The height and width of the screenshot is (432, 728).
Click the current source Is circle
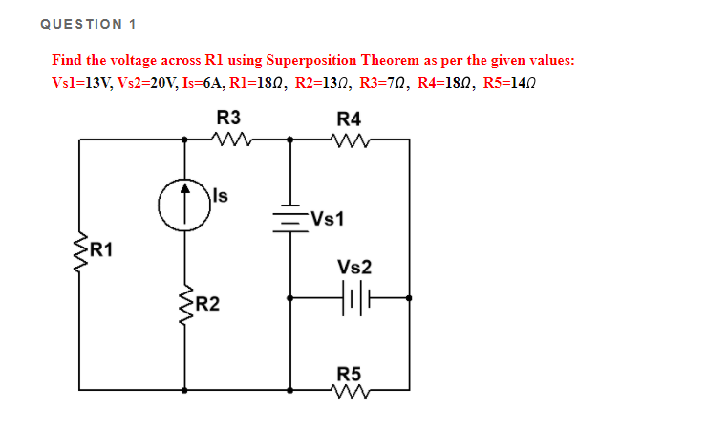[x=184, y=205]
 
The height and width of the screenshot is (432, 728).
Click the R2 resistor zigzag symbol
[x=184, y=305]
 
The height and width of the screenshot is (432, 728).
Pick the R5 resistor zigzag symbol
[x=349, y=389]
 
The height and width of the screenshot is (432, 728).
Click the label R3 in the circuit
[x=229, y=119]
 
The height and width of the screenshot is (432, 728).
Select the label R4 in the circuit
[x=350, y=119]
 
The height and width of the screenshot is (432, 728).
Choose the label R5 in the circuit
[x=350, y=371]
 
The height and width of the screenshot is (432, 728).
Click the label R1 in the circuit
[x=101, y=251]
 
